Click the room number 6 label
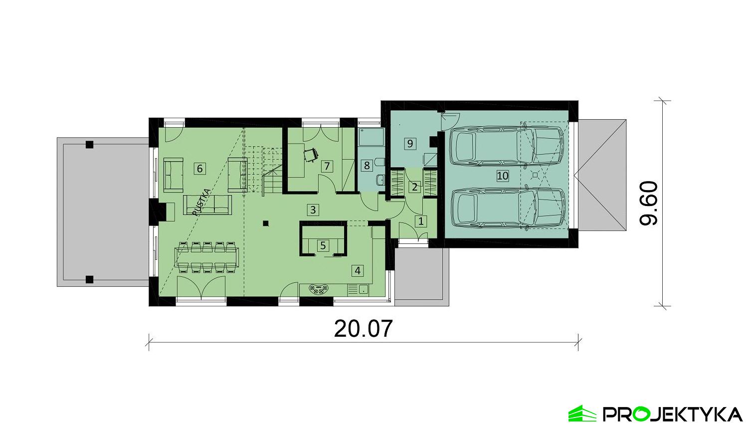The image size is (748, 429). (x=199, y=169)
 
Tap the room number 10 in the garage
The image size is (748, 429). (x=503, y=176)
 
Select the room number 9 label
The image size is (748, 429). (x=410, y=144)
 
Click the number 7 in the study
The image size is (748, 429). (x=327, y=166)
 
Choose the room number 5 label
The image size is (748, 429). (x=323, y=245)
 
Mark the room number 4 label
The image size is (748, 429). (x=357, y=271)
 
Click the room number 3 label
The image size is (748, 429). (x=313, y=210)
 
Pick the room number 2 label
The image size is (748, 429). (x=415, y=188)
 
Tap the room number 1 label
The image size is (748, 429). (x=421, y=221)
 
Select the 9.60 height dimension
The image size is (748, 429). (x=649, y=204)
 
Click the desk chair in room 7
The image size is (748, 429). (x=311, y=155)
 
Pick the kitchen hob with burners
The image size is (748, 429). (x=320, y=289)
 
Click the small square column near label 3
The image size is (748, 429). (x=267, y=223)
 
